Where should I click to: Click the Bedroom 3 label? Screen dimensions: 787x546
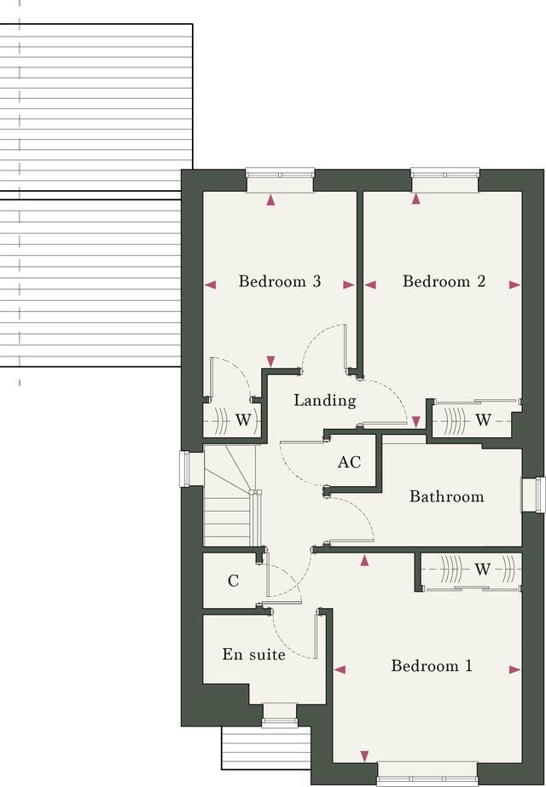(279, 281)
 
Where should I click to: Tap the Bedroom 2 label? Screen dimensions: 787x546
(444, 281)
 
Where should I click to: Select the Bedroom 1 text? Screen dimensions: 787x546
(432, 666)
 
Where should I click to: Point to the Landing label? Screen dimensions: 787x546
(324, 400)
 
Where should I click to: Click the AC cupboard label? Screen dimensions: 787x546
(349, 462)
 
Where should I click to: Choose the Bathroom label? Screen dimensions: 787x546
(446, 496)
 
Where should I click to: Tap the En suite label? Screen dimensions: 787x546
(253, 655)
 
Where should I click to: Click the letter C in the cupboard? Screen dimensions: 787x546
(233, 582)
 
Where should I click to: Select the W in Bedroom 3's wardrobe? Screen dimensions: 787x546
(243, 420)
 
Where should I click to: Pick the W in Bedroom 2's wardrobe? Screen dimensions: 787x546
(483, 420)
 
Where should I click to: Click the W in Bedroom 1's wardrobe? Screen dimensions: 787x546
(483, 570)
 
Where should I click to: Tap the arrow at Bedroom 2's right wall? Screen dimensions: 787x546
(514, 286)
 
